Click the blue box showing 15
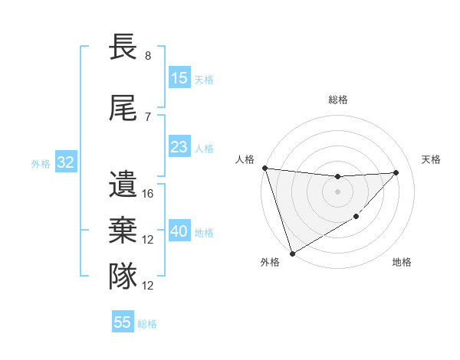pyautogui.click(x=179, y=78)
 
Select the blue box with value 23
pyautogui.click(x=179, y=147)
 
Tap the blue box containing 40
pyautogui.click(x=179, y=232)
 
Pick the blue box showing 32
pyautogui.click(x=65, y=162)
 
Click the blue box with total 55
pyautogui.click(x=123, y=322)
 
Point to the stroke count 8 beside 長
pyautogui.click(x=148, y=56)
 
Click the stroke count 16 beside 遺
pyautogui.click(x=148, y=194)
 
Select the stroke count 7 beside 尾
pyautogui.click(x=148, y=116)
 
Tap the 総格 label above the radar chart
pyautogui.click(x=337, y=100)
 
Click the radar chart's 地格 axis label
pyautogui.click(x=402, y=262)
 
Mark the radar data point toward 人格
pyautogui.click(x=264, y=168)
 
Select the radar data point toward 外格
pyautogui.click(x=292, y=253)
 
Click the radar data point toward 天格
pyautogui.click(x=396, y=172)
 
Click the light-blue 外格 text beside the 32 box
pyautogui.click(x=41, y=163)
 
